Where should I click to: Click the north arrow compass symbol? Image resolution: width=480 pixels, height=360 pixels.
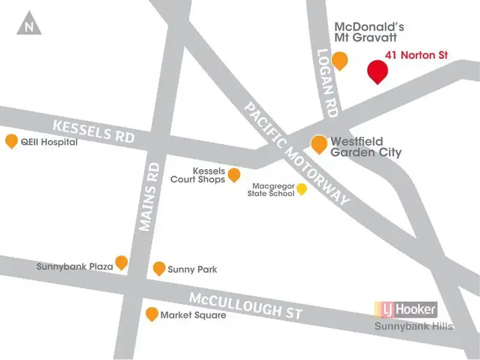(29, 24)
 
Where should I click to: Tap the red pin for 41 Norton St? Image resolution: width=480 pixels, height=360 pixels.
(378, 71)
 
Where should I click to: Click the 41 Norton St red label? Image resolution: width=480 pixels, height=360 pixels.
(416, 56)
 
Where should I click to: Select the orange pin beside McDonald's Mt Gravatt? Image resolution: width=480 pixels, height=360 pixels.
(340, 60)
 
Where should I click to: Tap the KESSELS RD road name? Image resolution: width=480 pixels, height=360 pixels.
(93, 131)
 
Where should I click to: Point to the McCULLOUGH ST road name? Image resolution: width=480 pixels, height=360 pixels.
(246, 305)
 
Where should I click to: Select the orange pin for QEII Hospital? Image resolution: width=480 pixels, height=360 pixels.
(12, 141)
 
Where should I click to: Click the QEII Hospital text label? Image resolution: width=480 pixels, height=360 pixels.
(49, 142)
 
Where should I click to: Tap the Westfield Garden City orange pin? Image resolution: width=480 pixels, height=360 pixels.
(319, 144)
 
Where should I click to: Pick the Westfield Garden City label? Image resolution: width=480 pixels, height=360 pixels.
(365, 147)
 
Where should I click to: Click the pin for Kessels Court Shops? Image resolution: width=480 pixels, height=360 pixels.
(234, 174)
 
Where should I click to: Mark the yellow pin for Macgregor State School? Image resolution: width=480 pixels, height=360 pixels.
(302, 189)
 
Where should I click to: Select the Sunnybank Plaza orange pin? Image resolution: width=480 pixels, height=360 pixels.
(122, 262)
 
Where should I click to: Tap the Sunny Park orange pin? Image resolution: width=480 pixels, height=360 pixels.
(159, 268)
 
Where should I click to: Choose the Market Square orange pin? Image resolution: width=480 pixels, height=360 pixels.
(152, 314)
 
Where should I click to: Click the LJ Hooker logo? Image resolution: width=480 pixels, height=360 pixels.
(406, 310)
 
